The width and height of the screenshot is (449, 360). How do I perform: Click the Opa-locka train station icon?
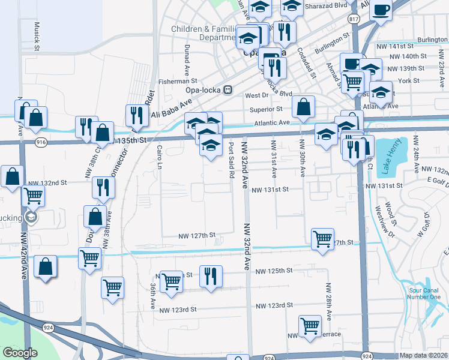click(x=228, y=90)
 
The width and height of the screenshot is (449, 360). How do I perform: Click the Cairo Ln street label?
click(x=160, y=158)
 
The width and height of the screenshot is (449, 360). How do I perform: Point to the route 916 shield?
click(x=41, y=142)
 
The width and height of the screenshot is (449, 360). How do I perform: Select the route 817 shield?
click(x=354, y=20)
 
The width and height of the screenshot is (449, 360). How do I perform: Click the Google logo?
click(x=20, y=353)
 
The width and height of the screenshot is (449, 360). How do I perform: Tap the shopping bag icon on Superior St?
click(x=304, y=107)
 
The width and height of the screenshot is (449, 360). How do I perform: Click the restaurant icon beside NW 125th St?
click(x=210, y=277)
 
